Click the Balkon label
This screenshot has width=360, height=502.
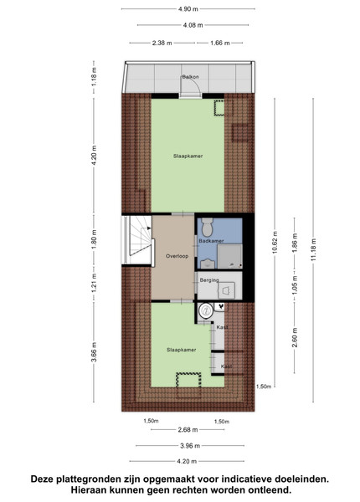(x=190, y=77)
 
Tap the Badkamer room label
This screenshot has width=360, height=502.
(x=211, y=241)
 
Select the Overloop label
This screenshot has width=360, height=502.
(x=177, y=256)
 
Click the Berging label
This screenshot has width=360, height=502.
(x=209, y=280)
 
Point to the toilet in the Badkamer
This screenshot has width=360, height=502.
(x=208, y=227)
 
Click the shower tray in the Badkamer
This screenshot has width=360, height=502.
(x=229, y=257)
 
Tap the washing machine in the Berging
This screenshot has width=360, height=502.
(x=226, y=290)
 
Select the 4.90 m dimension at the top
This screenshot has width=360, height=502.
(x=188, y=9)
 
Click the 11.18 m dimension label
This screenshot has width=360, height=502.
(x=313, y=249)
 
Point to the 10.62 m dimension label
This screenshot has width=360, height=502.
(x=275, y=242)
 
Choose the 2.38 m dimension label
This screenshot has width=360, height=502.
(x=162, y=43)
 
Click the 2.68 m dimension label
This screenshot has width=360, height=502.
(x=188, y=430)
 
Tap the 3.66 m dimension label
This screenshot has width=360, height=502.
(x=94, y=352)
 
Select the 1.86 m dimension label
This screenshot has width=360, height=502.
(x=295, y=243)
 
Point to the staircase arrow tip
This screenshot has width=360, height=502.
(x=151, y=228)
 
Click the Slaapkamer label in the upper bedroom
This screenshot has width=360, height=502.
(x=188, y=156)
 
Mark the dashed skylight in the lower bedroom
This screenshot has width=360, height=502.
(x=188, y=380)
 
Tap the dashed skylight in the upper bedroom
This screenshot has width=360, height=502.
(x=219, y=108)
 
